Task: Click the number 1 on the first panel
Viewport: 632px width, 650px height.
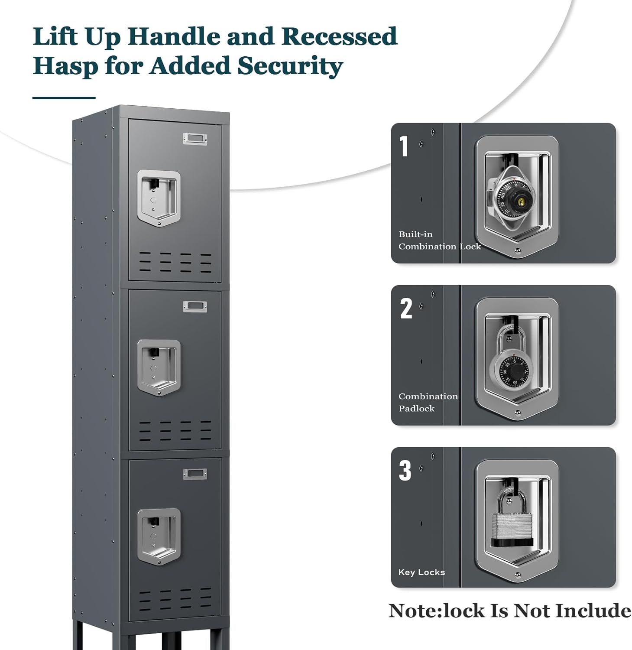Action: [x=404, y=146]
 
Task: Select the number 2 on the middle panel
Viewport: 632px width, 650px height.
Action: [x=406, y=309]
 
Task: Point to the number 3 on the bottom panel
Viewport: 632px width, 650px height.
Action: [x=405, y=471]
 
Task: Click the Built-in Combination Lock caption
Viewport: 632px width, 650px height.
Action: [x=439, y=240]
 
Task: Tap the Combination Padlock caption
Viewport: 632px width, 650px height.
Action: [x=428, y=402]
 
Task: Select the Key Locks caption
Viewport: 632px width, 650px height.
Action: [x=421, y=572]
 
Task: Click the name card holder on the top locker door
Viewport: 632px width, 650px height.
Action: [x=194, y=139]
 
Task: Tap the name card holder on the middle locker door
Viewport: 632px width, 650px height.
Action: [x=194, y=306]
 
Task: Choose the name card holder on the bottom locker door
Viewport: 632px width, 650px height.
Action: [x=194, y=474]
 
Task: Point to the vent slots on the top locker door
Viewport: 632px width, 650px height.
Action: [x=175, y=262]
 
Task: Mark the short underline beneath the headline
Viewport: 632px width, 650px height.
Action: [x=64, y=98]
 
